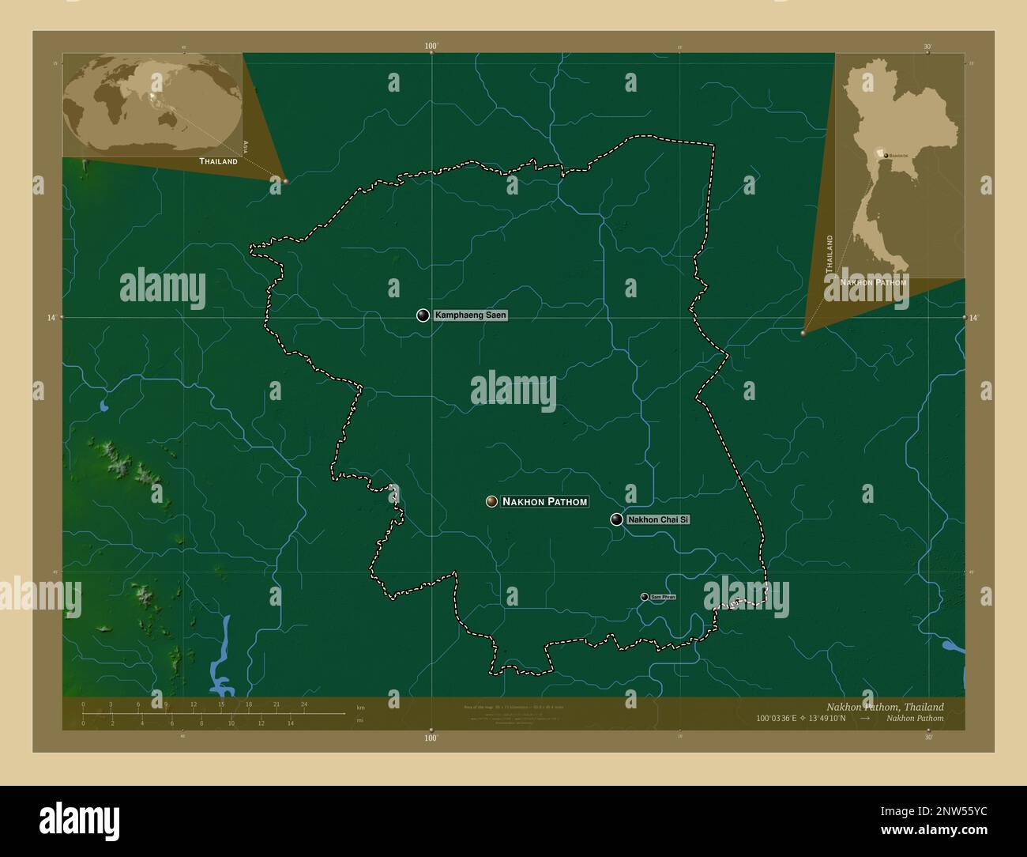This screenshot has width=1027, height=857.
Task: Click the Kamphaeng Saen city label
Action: click(x=471, y=315)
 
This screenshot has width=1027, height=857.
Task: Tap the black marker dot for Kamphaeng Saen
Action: click(x=423, y=315)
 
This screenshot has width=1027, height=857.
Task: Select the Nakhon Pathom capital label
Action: click(x=545, y=502)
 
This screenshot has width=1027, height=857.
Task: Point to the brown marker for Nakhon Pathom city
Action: click(x=491, y=502)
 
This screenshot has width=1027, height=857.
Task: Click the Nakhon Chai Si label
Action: click(x=658, y=519)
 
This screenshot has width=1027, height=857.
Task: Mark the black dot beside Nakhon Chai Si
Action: click(x=616, y=519)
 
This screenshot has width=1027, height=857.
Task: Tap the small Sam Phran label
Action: click(x=662, y=597)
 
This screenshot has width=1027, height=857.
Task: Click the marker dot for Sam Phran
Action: click(x=644, y=597)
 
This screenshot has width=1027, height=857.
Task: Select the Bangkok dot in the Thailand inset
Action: click(x=886, y=156)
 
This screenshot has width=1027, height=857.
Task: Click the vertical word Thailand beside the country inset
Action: click(x=829, y=254)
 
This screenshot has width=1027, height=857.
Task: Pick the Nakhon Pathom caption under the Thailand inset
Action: click(x=874, y=282)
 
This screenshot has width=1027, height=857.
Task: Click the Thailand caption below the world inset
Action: click(x=218, y=161)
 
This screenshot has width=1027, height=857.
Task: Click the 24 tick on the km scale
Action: click(x=303, y=704)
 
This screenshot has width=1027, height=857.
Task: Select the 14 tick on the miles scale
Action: click(x=290, y=723)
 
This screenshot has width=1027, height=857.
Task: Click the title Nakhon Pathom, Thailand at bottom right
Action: click(x=884, y=707)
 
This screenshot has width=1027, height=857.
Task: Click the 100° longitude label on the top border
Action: click(x=431, y=47)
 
